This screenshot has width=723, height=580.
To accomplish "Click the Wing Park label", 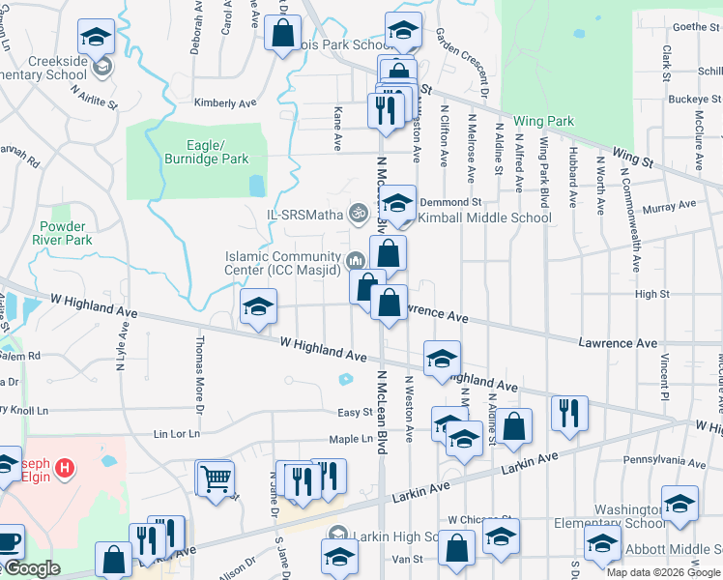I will tap(543, 121).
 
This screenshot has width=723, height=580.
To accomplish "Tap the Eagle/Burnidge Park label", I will tap(206, 152).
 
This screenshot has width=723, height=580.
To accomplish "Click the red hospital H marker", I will tap(65, 469).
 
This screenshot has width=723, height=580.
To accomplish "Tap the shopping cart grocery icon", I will tap(215, 477).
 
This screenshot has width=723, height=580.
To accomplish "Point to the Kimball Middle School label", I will tap(484, 217).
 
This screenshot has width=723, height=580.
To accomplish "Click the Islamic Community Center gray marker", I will tap(355, 258).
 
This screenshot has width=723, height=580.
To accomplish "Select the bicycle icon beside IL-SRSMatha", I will tap(359, 211).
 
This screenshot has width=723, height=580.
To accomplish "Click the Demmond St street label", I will tap(449, 201).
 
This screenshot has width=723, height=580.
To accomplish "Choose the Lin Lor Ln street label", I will tap(176, 434).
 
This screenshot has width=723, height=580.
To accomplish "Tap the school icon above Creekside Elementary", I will tap(97, 38).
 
